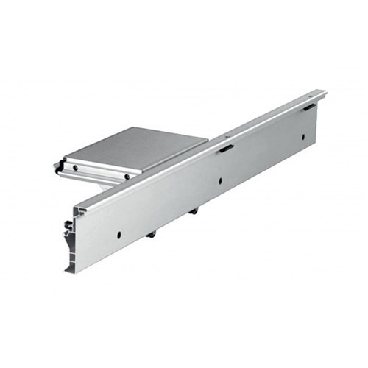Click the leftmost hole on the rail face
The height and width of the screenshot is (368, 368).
coord(118,235)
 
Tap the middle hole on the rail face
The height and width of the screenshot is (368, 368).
coord(219,180)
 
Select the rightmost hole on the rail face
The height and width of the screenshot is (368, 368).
coord(302,137)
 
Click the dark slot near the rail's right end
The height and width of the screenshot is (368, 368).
coord(309,107)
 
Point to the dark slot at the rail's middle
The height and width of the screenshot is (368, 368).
coord(226,149)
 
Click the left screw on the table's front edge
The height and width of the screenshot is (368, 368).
coord(74,169)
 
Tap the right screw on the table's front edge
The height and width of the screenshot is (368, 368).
coord(127,177)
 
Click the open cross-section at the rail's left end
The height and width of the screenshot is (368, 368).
coord(73,236)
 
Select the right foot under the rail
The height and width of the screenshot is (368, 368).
coord(194,211)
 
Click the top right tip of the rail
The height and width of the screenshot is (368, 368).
coord(325,92)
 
